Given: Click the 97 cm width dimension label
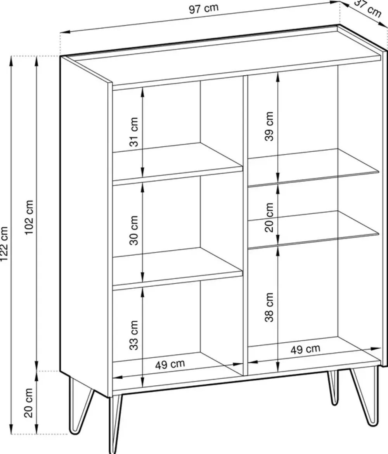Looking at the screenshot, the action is point(204,9).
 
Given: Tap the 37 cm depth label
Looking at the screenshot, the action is point(368,9).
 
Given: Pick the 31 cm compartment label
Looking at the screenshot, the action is point(133,132).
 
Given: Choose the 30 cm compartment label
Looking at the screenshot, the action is point(133,230).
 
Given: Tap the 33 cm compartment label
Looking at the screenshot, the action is point(133,335).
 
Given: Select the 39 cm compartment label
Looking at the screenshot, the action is point(269,126).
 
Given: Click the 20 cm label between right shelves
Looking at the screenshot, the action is point(269,217).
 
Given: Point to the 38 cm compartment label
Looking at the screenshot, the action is point(269,307).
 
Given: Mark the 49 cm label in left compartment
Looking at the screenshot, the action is point(170,364).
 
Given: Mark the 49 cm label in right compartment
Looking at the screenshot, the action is point(305,350).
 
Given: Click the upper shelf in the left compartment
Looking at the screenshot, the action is point(177,164).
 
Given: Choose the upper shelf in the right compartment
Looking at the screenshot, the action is point(314,168).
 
